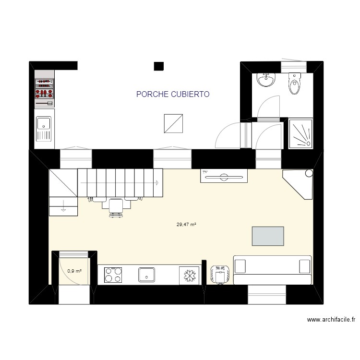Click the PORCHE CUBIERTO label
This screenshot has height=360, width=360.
click(173, 95)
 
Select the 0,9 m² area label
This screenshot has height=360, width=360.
click(74, 271)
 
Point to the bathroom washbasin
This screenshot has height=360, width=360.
click(266, 80)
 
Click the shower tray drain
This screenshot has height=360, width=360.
click(307, 143)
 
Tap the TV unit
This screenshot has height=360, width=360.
click(224, 177)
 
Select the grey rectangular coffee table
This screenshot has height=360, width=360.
click(267, 236)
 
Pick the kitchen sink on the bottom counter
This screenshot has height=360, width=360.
click(146, 275)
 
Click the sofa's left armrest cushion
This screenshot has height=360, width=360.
click(240, 265)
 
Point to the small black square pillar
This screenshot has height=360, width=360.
click(159, 66)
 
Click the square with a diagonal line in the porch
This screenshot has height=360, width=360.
click(173, 123)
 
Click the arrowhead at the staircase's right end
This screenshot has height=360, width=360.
click(157, 182)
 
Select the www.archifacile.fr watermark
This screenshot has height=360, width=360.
click(331, 320)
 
